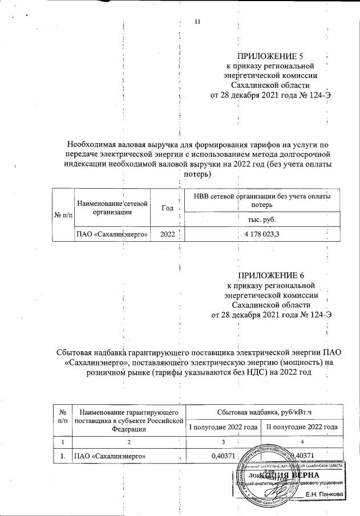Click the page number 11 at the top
(x=198, y=22)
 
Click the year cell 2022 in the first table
(x=168, y=234)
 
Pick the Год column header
(x=168, y=209)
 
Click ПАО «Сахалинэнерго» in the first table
(x=112, y=234)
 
